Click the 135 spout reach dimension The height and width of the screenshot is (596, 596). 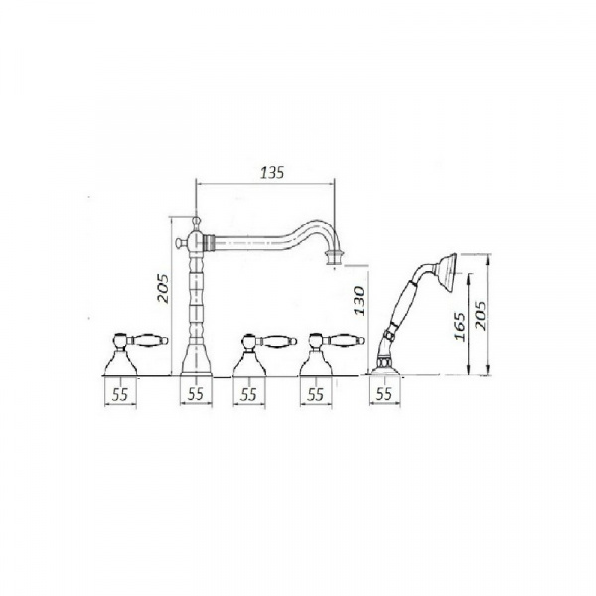point(272,173)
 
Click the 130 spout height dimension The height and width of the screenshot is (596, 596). point(360,300)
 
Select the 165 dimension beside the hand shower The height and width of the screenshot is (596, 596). point(460,327)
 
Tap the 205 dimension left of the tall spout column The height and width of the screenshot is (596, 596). point(163,288)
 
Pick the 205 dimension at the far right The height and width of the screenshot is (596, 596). point(481,316)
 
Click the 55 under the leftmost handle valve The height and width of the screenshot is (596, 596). point(120,395)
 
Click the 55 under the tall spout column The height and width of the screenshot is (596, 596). point(196,394)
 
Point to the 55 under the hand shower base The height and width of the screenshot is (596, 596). point(383,394)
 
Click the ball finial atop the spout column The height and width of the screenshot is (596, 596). point(196,221)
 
